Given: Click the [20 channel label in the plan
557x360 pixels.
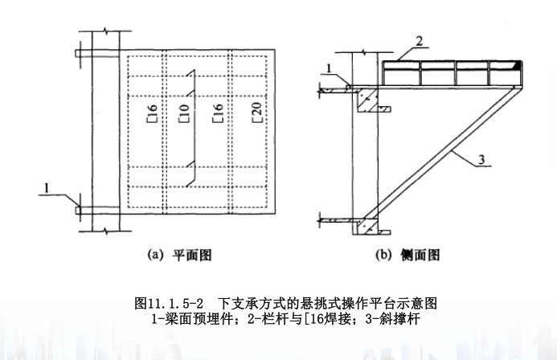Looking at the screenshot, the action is pyautogui.click(x=257, y=112).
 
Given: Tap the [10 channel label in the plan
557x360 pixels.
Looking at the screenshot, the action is pyautogui.click(x=184, y=113).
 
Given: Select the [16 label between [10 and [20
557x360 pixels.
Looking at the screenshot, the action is pyautogui.click(x=217, y=113).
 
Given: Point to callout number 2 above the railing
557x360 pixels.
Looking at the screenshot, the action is pyautogui.click(x=420, y=42).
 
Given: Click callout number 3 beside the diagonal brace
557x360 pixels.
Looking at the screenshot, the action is pyautogui.click(x=481, y=159).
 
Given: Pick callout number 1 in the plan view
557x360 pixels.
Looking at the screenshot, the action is pyautogui.click(x=46, y=188).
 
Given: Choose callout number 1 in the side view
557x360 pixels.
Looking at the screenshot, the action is pyautogui.click(x=329, y=67).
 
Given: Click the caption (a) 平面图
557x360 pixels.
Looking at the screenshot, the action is pyautogui.click(x=180, y=255).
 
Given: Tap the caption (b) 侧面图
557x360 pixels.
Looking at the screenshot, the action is pyautogui.click(x=408, y=255).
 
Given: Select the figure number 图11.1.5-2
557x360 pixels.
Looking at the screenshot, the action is pyautogui.click(x=169, y=304).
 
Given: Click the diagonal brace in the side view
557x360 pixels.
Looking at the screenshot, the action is pyautogui.click(x=441, y=153).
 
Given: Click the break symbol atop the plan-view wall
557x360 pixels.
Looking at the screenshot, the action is pyautogui.click(x=105, y=31).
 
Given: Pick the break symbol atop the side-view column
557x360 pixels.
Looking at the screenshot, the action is pyautogui.click(x=365, y=52).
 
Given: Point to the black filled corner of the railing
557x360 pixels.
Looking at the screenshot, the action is pyautogui.click(x=519, y=65).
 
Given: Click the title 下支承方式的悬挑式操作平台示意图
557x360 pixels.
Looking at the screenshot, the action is pyautogui.click(x=327, y=304).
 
